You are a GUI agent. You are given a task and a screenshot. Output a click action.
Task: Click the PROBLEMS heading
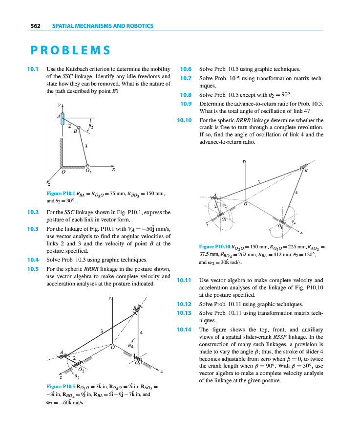(x=70, y=50)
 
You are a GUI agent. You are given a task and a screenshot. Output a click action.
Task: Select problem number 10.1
(x=33, y=69)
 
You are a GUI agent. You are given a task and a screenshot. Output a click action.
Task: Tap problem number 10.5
(x=33, y=268)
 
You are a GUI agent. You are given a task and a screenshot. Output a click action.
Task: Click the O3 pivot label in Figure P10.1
(x=88, y=171)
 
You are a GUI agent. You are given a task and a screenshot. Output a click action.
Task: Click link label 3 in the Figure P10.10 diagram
(x=258, y=182)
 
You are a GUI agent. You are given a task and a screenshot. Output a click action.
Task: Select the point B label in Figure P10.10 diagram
(x=306, y=171)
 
